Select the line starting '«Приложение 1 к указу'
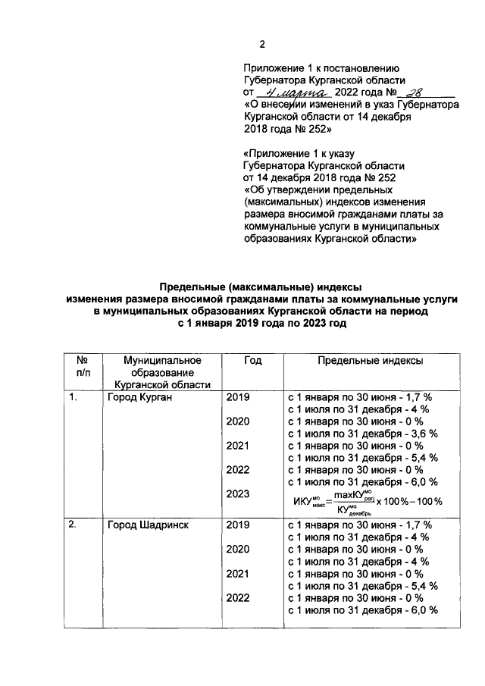[299, 154]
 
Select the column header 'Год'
[252, 361]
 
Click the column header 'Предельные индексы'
[370, 361]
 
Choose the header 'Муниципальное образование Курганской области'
[152, 373]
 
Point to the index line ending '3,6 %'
[363, 434]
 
